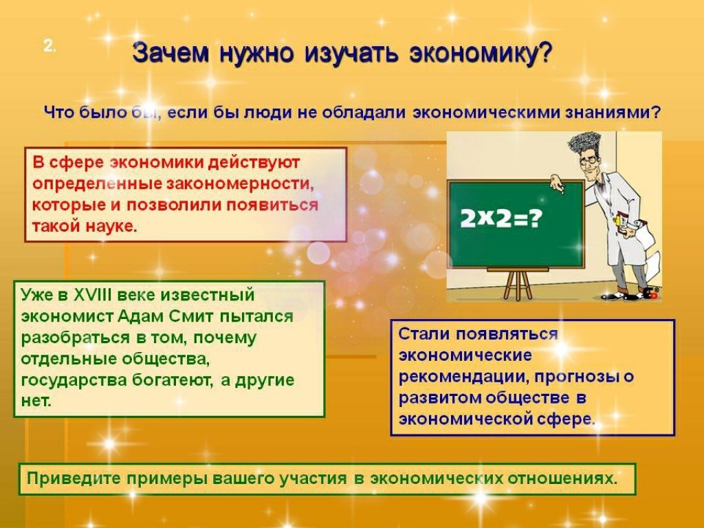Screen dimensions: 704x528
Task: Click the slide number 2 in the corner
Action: coord(49,46)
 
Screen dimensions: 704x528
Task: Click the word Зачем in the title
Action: coord(171,54)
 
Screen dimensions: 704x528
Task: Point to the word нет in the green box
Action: coord(35,401)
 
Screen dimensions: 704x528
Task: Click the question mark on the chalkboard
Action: coord(536,219)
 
